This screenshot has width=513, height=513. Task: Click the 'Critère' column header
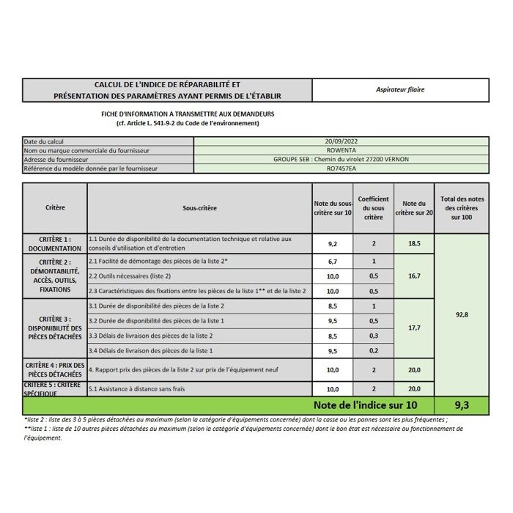(55, 207)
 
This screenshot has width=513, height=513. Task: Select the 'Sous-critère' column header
(199, 208)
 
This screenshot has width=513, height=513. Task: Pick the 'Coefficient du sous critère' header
(374, 207)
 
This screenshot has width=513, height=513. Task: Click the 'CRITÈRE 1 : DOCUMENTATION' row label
(55, 244)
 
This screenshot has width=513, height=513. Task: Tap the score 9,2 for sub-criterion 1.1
(333, 244)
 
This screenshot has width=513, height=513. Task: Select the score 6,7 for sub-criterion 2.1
(333, 261)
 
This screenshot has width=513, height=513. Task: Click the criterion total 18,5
(414, 244)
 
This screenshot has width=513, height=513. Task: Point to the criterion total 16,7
(414, 276)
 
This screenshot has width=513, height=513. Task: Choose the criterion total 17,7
(414, 328)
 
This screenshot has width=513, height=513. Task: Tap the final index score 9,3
(462, 405)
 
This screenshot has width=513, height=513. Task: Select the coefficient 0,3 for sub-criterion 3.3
(374, 336)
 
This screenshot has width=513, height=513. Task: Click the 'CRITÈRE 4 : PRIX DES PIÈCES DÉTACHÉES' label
(55, 369)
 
